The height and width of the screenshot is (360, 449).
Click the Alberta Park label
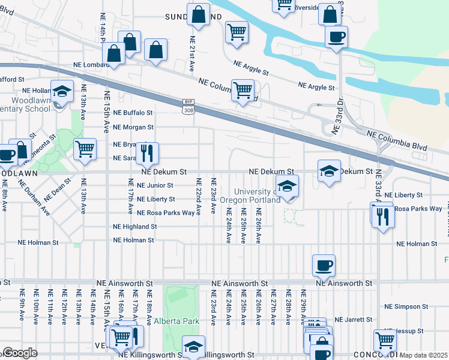coord(176,321)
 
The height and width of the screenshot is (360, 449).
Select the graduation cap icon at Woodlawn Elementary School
coord(61,92)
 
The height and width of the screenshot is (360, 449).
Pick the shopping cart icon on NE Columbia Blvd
coord(243,91)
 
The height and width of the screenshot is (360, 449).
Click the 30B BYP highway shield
coord(188,106)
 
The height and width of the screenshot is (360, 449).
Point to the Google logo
coord(19,353)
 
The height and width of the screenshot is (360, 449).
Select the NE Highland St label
coord(134,227)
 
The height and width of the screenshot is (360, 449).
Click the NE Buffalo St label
coord(133,112)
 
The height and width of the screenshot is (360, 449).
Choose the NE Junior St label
coord(155,185)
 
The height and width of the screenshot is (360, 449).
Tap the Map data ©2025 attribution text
coord(424,355)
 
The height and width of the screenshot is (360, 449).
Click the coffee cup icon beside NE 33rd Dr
coord(336,37)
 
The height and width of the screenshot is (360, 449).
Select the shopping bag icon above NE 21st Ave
coord(198,14)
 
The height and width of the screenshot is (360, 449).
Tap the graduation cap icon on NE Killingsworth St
coord(193,346)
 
